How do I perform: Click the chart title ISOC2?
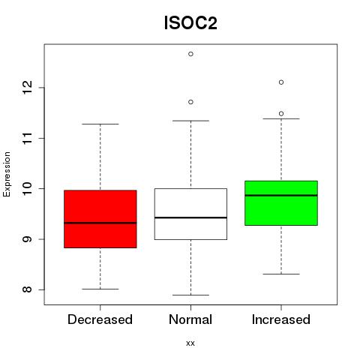click(x=190, y=23)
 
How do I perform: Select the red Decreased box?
click(x=100, y=219)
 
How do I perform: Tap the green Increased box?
click(x=281, y=203)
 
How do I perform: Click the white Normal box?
click(x=190, y=214)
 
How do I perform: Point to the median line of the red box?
click(x=100, y=223)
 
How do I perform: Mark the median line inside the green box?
click(x=281, y=196)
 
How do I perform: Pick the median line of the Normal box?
click(x=190, y=217)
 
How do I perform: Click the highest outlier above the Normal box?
click(x=190, y=54)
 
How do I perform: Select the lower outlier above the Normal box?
click(x=190, y=102)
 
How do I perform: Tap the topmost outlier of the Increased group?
click(x=281, y=82)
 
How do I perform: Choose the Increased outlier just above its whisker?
click(x=281, y=114)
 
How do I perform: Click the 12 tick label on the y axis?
click(x=28, y=88)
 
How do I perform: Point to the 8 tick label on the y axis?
click(x=28, y=289)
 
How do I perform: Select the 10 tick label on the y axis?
click(x=28, y=188)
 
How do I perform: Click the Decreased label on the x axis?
click(x=100, y=319)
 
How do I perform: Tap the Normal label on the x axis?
click(x=190, y=319)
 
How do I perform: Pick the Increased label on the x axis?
click(x=281, y=319)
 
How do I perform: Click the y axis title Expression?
click(x=7, y=174)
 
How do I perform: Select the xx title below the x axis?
click(x=190, y=343)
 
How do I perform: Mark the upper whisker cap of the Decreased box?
click(x=100, y=124)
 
